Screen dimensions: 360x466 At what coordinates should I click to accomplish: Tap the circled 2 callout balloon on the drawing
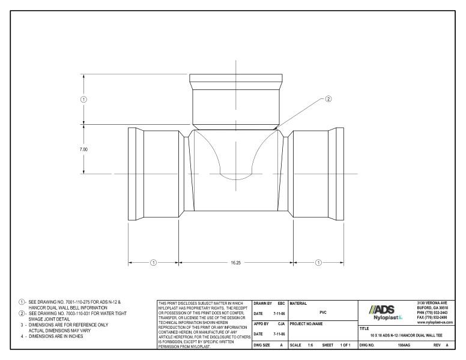[328, 100]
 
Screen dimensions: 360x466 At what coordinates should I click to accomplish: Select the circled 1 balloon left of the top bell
[83, 99]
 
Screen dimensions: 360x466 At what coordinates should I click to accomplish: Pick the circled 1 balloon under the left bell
[153, 262]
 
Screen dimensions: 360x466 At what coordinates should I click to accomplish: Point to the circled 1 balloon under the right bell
[318, 262]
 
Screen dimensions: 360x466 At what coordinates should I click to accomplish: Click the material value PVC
[323, 312]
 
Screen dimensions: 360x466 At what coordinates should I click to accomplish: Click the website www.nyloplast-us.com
[433, 323]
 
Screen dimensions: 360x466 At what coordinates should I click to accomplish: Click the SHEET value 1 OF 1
[345, 346]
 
